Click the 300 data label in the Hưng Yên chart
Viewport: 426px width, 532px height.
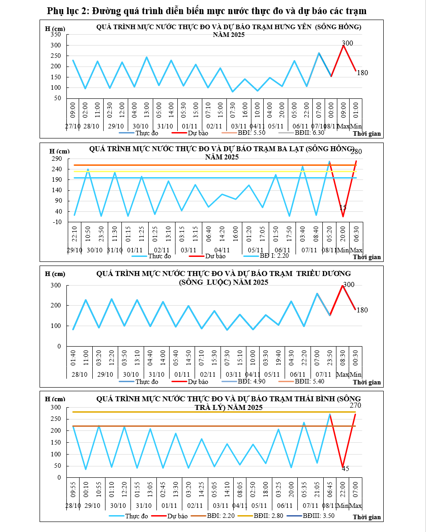coord(347,43)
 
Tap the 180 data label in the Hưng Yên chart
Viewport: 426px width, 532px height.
coord(362,73)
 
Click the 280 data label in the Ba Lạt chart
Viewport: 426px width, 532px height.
coord(356,151)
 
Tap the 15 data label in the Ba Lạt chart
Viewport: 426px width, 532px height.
coord(343,208)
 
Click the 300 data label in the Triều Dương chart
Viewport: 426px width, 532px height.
coord(348,285)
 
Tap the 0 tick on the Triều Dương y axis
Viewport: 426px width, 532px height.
coord(59,346)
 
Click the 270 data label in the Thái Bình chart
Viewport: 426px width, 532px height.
coord(356,405)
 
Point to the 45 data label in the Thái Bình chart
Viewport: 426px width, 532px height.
coord(345,469)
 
